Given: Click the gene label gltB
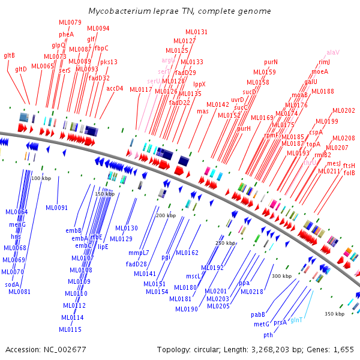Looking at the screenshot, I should (x=10, y=55).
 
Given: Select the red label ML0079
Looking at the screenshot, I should (x=70, y=22).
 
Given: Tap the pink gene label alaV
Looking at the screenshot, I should (x=333, y=52).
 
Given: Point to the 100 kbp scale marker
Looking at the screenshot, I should (x=41, y=178).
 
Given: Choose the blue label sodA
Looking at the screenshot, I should (x=12, y=284).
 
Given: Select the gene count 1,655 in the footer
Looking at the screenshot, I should (x=343, y=349).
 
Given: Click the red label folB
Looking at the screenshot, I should (x=349, y=173).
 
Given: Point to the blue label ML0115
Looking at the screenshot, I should (x=70, y=329).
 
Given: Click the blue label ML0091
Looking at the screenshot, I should (x=57, y=208).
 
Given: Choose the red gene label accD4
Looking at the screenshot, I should (x=115, y=88).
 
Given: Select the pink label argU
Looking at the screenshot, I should (x=169, y=61).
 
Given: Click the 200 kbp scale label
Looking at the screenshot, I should (x=166, y=215).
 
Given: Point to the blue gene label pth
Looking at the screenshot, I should (x=268, y=334).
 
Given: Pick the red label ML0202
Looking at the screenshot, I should (x=344, y=110).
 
